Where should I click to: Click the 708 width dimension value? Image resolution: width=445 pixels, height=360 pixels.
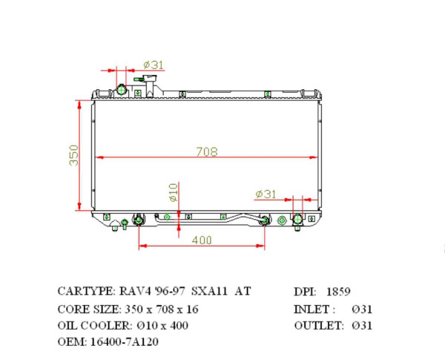pyautogui.click(x=206, y=151)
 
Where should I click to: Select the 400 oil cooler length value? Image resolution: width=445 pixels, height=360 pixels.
pyautogui.click(x=202, y=240)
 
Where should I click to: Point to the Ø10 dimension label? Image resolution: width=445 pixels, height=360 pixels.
pyautogui.click(x=173, y=192)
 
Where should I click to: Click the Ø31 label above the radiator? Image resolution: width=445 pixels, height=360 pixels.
pyautogui.click(x=153, y=65)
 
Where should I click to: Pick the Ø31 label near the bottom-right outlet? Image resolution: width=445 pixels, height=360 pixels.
pyautogui.click(x=266, y=194)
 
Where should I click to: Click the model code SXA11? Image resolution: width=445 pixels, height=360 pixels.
pyautogui.click(x=210, y=291)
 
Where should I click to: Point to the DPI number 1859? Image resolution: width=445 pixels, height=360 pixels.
pyautogui.click(x=338, y=291)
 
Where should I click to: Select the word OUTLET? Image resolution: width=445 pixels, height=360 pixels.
pyautogui.click(x=318, y=325)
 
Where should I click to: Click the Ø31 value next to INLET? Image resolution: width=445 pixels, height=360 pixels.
pyautogui.click(x=363, y=308)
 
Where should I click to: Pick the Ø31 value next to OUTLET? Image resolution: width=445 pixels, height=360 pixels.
pyautogui.click(x=363, y=325)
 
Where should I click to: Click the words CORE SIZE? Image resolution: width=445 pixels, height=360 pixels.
pyautogui.click(x=86, y=308)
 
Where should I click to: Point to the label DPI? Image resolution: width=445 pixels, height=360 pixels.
pyautogui.click(x=304, y=291)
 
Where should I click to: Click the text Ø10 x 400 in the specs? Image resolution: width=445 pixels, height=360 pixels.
pyautogui.click(x=162, y=325)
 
